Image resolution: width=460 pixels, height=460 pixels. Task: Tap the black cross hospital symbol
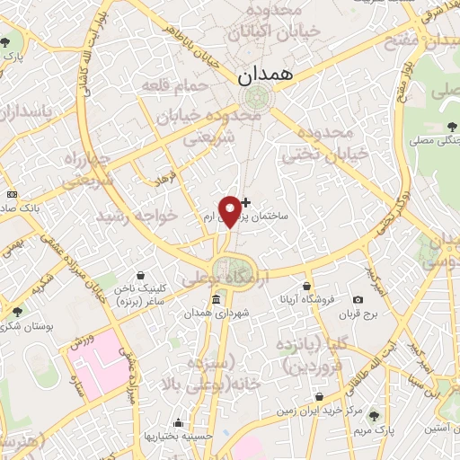(246, 201)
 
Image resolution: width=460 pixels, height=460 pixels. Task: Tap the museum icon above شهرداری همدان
(217, 298)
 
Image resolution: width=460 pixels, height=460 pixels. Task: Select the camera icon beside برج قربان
(358, 299)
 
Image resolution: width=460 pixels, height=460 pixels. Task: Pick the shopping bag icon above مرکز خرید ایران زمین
(319, 395)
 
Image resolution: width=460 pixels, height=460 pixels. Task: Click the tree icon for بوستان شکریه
(17, 312)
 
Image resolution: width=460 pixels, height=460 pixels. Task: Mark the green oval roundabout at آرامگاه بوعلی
(233, 268)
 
